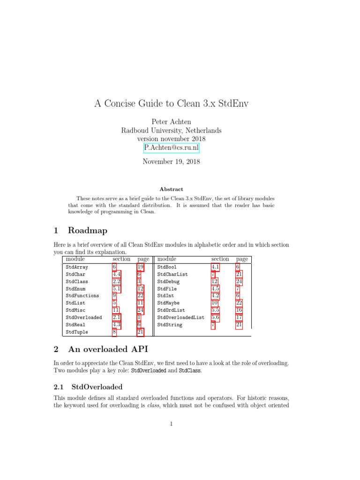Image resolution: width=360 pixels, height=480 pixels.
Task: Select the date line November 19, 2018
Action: tap(171, 162)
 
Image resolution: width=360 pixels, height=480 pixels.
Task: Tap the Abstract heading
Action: tap(171, 189)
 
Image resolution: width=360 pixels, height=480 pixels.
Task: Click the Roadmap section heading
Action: tap(87, 231)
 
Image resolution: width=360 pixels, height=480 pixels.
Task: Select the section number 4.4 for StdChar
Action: tap(117, 274)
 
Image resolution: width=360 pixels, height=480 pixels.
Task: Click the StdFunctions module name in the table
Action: tap(82, 296)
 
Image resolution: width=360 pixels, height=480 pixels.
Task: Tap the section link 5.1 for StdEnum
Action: tap(117, 289)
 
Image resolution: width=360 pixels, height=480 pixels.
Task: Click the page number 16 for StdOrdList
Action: tap(239, 310)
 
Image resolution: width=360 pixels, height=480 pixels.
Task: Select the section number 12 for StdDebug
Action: tap(214, 282)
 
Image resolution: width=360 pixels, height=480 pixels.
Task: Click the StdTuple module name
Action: tap(77, 332)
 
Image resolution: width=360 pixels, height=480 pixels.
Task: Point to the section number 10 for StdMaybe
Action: tap(214, 303)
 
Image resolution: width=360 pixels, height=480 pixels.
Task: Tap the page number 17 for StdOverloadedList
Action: tap(239, 317)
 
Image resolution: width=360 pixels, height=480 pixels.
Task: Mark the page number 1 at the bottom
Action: tap(172, 425)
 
